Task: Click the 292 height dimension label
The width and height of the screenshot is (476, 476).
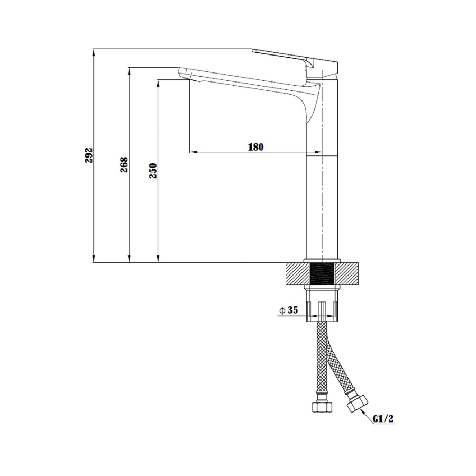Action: (x=88, y=155)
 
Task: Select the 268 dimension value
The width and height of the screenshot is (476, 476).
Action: (x=124, y=165)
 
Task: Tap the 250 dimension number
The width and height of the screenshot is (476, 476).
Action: (x=153, y=171)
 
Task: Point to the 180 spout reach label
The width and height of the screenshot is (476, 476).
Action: (x=255, y=147)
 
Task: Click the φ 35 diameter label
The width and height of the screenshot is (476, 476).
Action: (x=289, y=310)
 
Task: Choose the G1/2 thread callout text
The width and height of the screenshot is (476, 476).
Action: (x=383, y=419)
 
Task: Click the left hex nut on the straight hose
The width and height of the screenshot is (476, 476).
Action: (x=322, y=406)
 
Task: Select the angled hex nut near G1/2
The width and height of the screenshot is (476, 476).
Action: (x=358, y=404)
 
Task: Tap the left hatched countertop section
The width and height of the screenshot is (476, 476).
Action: (x=298, y=274)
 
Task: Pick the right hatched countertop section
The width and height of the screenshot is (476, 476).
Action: (x=346, y=274)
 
